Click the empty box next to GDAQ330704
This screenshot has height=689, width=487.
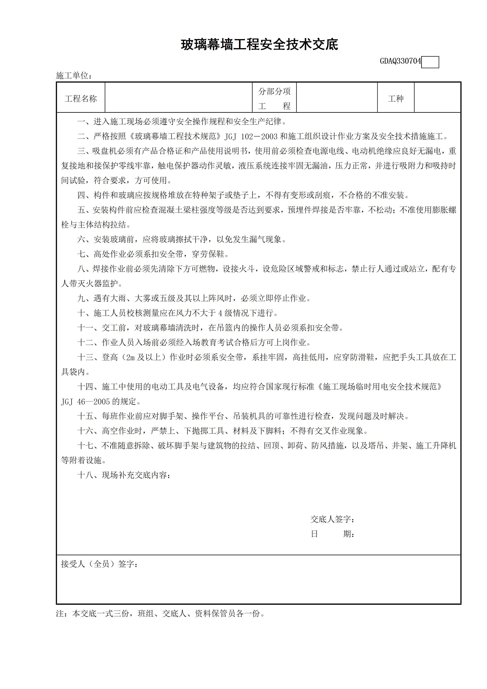click(x=430, y=62)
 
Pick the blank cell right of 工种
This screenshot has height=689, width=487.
click(x=437, y=98)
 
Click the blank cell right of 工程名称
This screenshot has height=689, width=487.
click(x=179, y=98)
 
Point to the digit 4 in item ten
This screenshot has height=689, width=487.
click(x=220, y=313)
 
